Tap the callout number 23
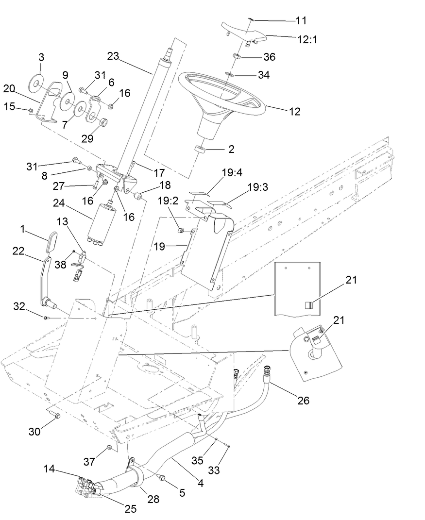(113, 56)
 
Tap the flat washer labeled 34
(232, 75)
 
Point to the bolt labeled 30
(55, 416)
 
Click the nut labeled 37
(109, 448)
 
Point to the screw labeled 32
(45, 318)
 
